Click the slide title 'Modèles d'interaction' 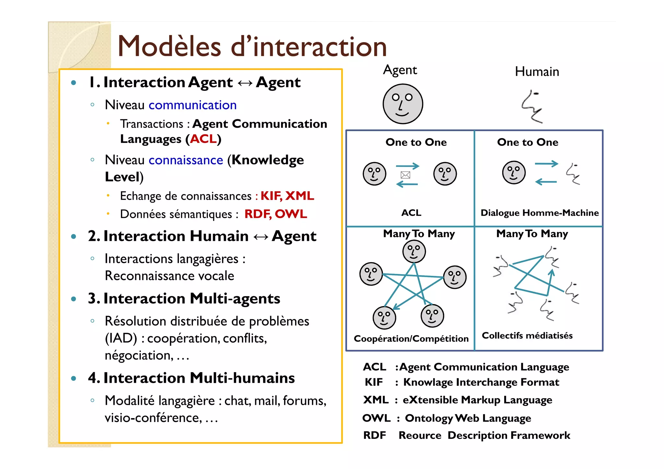coord(252,46)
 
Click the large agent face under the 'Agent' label coord(403,104)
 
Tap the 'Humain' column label coord(537,72)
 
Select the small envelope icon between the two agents coord(405,175)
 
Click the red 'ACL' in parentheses coord(203,139)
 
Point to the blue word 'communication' coord(193,105)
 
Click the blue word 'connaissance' coord(186,160)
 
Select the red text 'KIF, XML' coord(287,196)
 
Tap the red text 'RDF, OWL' coord(276,214)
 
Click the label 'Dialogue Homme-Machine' coord(539,213)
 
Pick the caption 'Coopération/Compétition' coord(411,339)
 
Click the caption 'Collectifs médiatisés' coord(527,335)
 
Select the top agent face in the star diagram coord(414,252)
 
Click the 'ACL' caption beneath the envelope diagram coord(411,213)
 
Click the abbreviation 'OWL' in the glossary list coord(376,418)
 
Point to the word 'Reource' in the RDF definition coord(420,435)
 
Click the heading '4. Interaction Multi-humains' coord(191,378)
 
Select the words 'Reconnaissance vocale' coord(169,276)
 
